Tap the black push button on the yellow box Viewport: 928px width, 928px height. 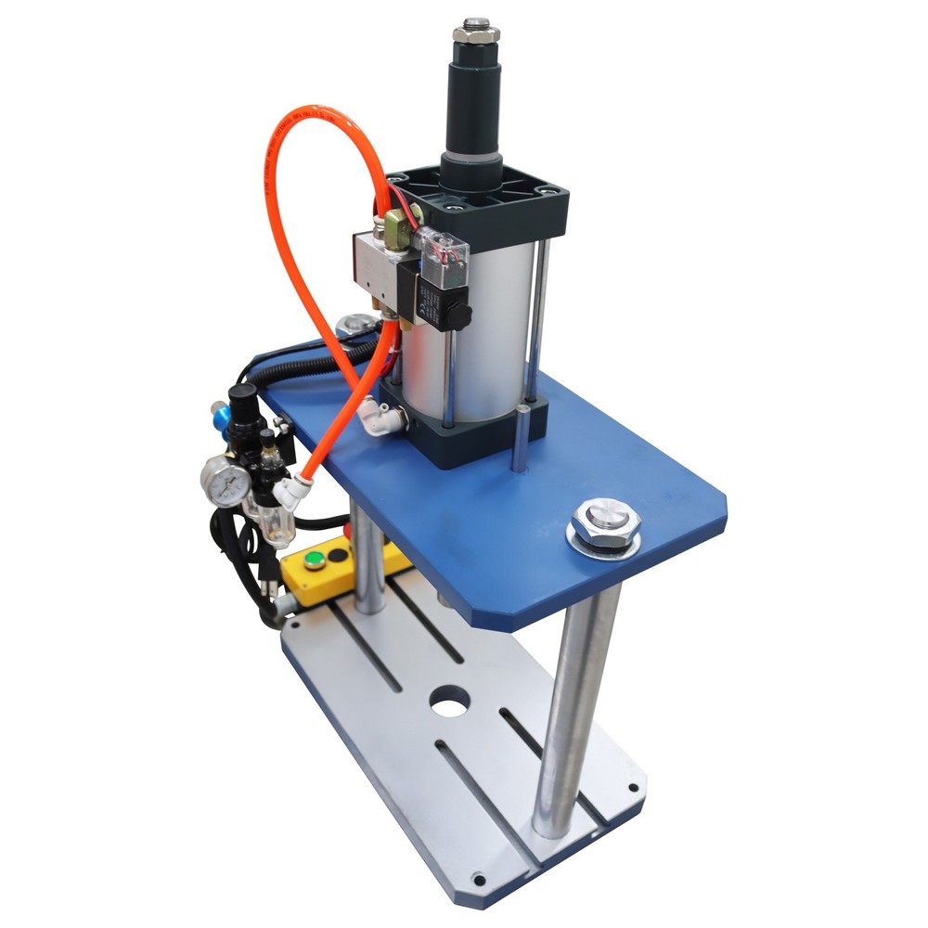(x=340, y=554)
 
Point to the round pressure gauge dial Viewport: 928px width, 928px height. (x=225, y=479)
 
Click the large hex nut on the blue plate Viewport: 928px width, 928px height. (x=604, y=525)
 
